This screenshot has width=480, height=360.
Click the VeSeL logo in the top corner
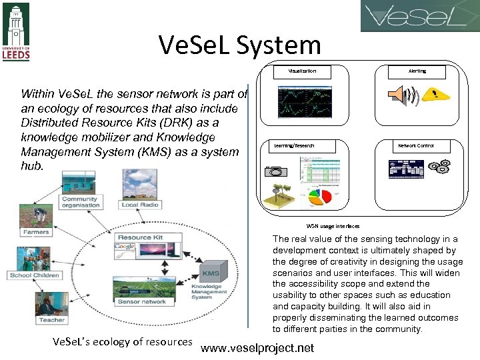point(419,16)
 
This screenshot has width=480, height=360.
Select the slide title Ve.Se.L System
point(240,45)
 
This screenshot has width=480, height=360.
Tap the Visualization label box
point(302,71)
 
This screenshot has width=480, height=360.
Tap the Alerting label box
point(417,71)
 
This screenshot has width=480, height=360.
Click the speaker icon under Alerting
point(401,95)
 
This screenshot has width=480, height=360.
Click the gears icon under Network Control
point(439,166)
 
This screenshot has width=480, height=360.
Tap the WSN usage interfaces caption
point(333,226)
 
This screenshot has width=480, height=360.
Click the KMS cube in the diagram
point(211,272)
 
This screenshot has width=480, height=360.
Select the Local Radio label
point(138,205)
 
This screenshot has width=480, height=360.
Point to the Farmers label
point(36,232)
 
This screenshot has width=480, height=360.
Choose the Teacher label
point(52,320)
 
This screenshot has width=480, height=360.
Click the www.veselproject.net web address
point(257,348)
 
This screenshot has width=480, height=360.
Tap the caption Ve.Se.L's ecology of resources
point(122,342)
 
